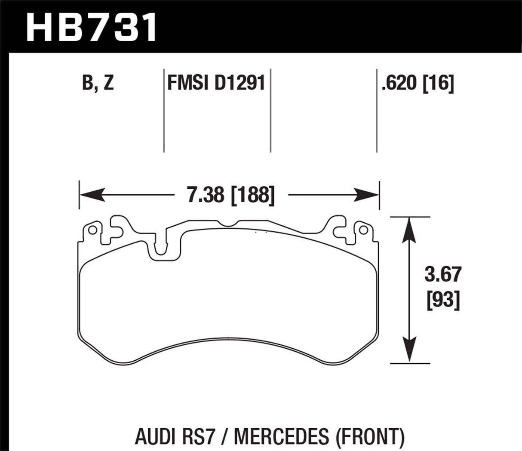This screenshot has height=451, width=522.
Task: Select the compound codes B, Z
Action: point(98,83)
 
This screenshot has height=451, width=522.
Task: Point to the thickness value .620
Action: point(399,83)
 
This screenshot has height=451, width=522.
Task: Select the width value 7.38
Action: point(206,196)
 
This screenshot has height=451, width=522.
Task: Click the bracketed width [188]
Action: point(252,196)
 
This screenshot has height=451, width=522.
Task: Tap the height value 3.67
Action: point(442,274)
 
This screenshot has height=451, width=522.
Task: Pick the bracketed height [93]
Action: point(442,300)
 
